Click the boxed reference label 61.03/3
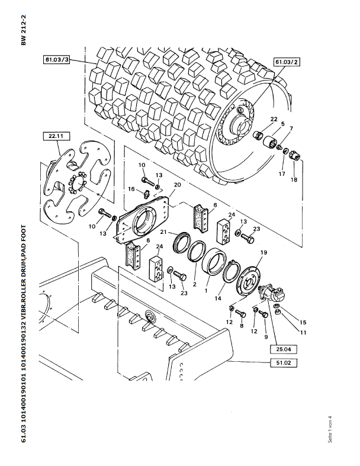(56, 60)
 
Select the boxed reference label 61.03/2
(287, 62)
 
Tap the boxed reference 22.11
(56, 136)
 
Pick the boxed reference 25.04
(283, 349)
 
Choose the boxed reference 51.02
(283, 363)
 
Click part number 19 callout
(263, 253)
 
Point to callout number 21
(163, 232)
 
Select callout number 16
(131, 189)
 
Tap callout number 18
(294, 179)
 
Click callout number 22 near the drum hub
(274, 119)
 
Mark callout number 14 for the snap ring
(218, 298)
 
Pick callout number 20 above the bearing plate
(177, 185)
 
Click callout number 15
(303, 323)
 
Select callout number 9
(266, 337)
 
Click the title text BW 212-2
(24, 30)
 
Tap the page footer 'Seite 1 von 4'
(330, 430)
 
